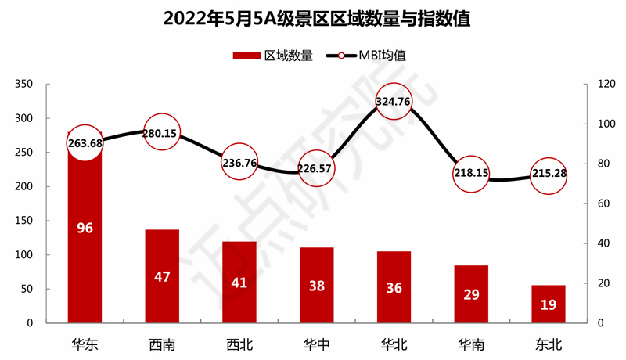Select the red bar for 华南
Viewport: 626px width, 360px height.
(471, 293)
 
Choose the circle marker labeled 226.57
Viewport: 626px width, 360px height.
(317, 169)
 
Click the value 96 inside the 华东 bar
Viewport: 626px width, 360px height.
(85, 229)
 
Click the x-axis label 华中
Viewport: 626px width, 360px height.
(317, 344)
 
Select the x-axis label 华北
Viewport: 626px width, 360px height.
(394, 344)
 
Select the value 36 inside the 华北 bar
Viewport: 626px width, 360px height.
(394, 288)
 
